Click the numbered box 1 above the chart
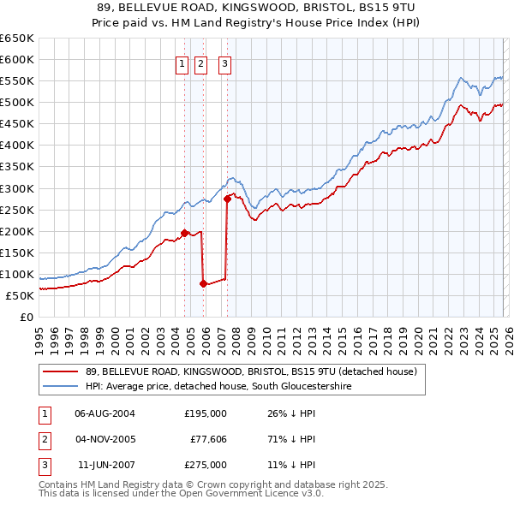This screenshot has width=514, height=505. pos(183,62)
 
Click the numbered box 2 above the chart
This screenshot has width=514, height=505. pos(201,62)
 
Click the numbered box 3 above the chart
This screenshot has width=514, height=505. pos(224,62)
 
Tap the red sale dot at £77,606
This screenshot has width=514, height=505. pos(203,283)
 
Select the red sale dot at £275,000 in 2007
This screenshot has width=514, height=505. pos(227,199)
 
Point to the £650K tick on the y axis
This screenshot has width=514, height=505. pos(17,39)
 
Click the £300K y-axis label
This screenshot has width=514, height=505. pos(17,188)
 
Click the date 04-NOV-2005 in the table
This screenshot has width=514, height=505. pos(105,439)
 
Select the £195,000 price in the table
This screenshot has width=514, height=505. pos(206,413)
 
